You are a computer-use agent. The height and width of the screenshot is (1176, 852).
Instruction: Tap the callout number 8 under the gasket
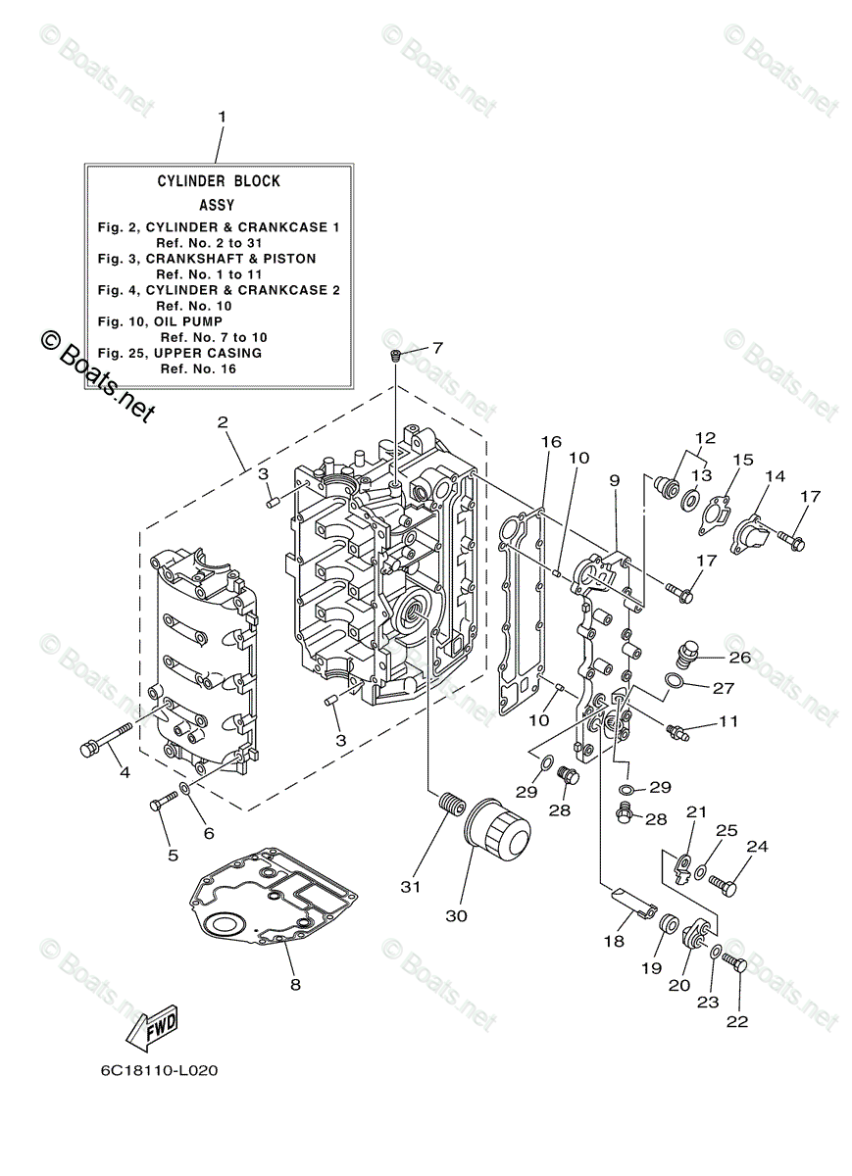point(294,984)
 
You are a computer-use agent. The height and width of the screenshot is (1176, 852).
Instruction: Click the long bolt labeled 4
point(105,739)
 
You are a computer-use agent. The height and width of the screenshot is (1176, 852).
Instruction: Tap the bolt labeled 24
point(722,885)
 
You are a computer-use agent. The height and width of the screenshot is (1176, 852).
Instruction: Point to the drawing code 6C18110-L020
point(158,1070)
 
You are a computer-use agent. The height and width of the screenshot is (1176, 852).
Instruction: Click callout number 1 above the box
point(222,117)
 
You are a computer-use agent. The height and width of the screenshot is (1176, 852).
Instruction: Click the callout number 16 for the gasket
point(551,442)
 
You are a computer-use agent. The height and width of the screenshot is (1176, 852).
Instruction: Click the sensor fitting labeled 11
point(677,730)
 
